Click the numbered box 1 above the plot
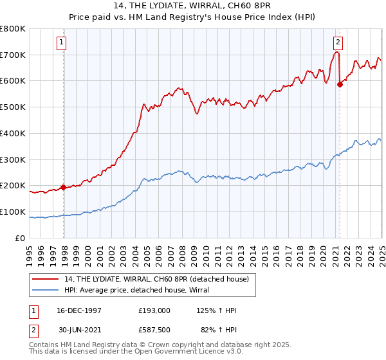click(x=61, y=43)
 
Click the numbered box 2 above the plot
click(x=338, y=43)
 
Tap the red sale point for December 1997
click(x=64, y=188)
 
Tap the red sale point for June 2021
click(x=340, y=84)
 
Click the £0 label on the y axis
click(x=21, y=238)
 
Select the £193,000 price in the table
click(x=154, y=310)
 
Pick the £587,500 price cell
click(x=154, y=330)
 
